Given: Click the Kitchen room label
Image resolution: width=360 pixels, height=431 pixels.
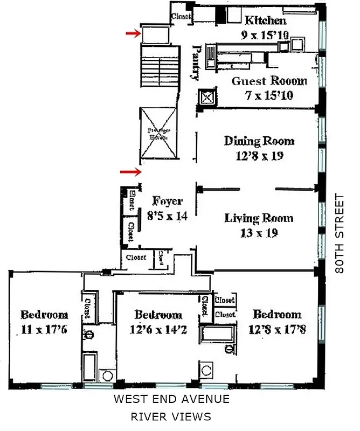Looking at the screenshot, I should [265, 21].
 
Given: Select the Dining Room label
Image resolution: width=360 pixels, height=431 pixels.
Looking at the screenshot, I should [259, 142].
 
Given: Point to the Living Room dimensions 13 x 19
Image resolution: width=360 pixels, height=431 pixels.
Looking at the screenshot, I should [259, 233].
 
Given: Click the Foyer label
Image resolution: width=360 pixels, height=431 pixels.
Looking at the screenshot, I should [167, 201].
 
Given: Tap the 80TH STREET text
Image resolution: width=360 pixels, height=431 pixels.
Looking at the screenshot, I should [340, 233].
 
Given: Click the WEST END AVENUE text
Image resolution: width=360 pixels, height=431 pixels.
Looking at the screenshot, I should [171, 399].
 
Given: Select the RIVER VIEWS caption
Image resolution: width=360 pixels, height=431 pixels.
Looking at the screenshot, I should [171, 416].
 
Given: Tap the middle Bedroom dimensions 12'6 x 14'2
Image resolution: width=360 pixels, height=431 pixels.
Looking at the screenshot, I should [157, 330].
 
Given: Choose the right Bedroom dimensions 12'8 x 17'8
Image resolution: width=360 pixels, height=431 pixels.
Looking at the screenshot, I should [277, 329].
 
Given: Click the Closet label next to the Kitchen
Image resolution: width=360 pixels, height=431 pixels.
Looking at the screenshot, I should [181, 17].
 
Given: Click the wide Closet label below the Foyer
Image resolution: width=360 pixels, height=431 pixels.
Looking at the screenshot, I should [136, 258].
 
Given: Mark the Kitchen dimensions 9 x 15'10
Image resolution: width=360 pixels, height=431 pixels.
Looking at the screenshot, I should [265, 36].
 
